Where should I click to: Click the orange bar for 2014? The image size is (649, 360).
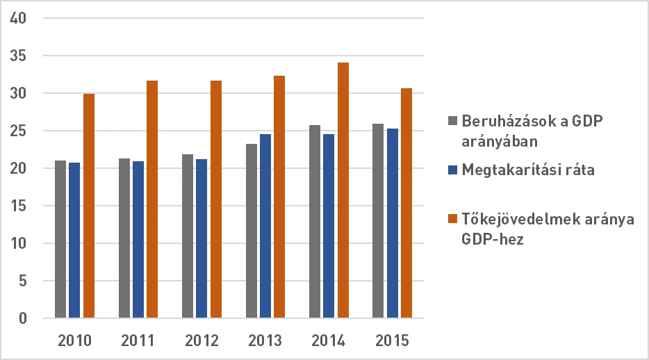pyautogui.click(x=343, y=190)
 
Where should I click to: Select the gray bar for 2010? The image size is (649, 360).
pyautogui.click(x=60, y=239)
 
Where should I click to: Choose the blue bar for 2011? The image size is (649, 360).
pyautogui.click(x=138, y=239)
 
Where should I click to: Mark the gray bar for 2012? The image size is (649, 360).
pyautogui.click(x=188, y=236)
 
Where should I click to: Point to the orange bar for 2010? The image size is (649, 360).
pyautogui.click(x=88, y=206)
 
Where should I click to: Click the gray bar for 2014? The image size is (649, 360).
pyautogui.click(x=314, y=222)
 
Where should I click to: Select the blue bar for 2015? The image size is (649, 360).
pyautogui.click(x=392, y=223)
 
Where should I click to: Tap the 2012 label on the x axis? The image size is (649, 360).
pyautogui.click(x=202, y=341)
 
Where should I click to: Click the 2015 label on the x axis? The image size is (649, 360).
pyautogui.click(x=392, y=341)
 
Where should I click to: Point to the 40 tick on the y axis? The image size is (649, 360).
pyautogui.click(x=18, y=18)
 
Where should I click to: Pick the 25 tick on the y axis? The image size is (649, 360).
pyautogui.click(x=18, y=131)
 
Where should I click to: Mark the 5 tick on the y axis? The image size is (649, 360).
pyautogui.click(x=22, y=281)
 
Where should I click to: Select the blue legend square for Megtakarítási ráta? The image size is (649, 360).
pyautogui.click(x=453, y=170)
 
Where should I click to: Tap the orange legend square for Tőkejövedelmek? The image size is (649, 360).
pyautogui.click(x=453, y=219)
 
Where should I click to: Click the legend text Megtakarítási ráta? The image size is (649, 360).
pyautogui.click(x=528, y=170)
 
